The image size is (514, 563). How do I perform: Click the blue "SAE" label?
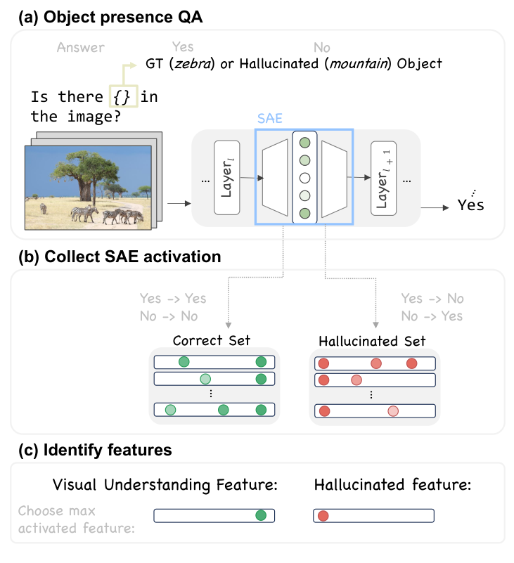[x=270, y=119]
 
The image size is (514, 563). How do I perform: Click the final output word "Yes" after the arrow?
[x=470, y=206]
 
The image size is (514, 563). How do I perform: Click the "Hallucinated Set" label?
[x=372, y=341]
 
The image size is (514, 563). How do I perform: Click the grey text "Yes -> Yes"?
[x=172, y=299]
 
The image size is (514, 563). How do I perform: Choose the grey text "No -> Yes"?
[x=432, y=316]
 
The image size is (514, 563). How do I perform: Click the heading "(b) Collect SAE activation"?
[x=120, y=257]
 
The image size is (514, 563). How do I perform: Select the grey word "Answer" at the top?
[x=81, y=48]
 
